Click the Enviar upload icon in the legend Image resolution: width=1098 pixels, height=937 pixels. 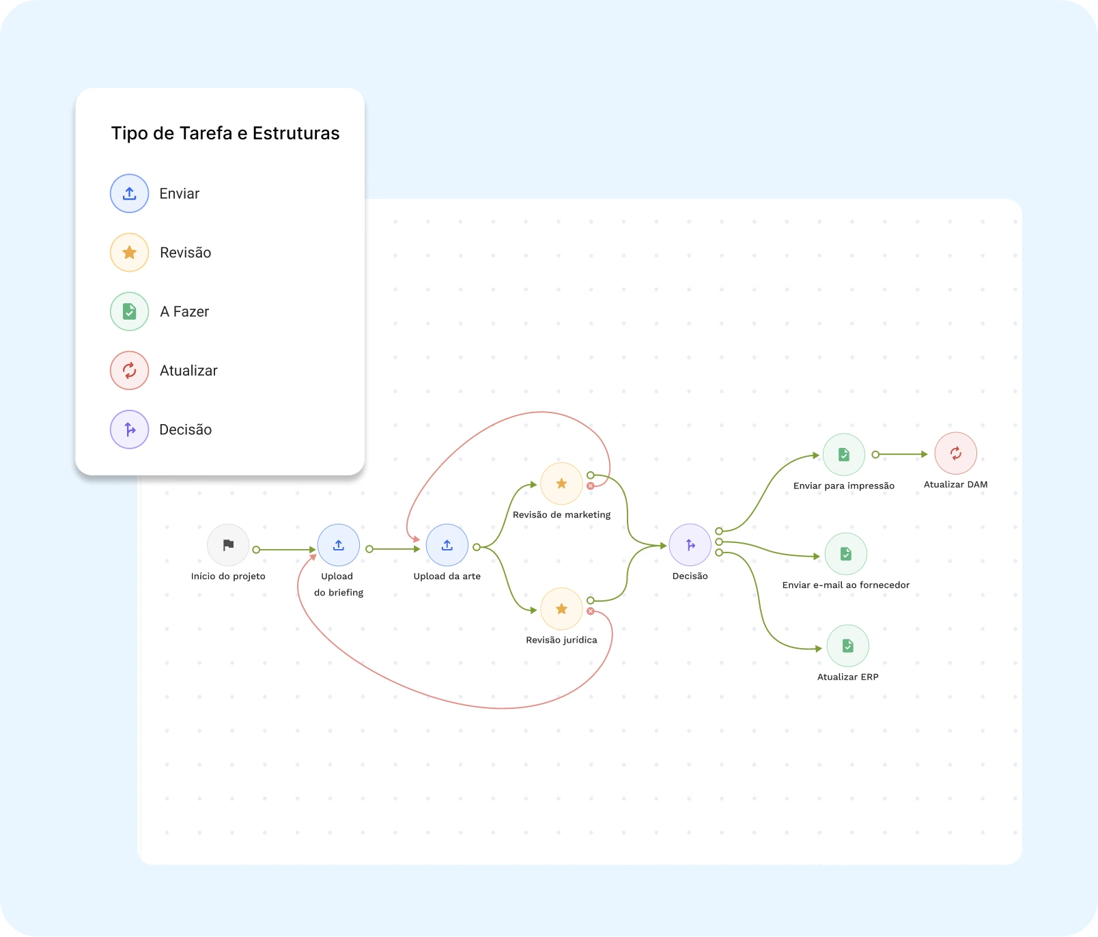tap(129, 193)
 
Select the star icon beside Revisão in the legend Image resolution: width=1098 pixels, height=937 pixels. tap(129, 253)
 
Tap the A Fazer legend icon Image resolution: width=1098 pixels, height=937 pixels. tap(129, 311)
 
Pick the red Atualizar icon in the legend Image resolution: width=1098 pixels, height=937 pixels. tap(129, 370)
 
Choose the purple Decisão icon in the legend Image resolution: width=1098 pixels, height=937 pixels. tap(129, 430)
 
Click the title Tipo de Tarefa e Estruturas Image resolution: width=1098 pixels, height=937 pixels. tap(225, 133)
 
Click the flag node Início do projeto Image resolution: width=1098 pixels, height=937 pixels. tap(228, 545)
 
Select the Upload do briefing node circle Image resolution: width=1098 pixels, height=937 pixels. tap(339, 545)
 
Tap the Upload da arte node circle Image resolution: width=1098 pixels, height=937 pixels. tap(447, 545)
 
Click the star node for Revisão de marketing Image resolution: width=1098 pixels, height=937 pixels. tap(561, 484)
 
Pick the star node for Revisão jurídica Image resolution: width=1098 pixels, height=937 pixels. tap(561, 609)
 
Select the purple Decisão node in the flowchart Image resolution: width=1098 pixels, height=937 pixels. tap(690, 545)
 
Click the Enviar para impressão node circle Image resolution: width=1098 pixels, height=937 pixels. tap(844, 454)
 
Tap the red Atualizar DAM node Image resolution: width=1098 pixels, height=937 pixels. tap(956, 453)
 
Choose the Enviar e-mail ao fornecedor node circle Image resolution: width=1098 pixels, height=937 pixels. tap(846, 554)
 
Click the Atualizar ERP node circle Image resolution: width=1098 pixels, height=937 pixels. tap(848, 645)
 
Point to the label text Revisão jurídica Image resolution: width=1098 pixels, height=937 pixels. tap(561, 640)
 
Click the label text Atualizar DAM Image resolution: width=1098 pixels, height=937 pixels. tap(956, 484)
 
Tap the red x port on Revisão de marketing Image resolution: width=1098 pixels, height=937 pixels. tap(591, 486)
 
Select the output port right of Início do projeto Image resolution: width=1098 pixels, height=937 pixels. tap(256, 550)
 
